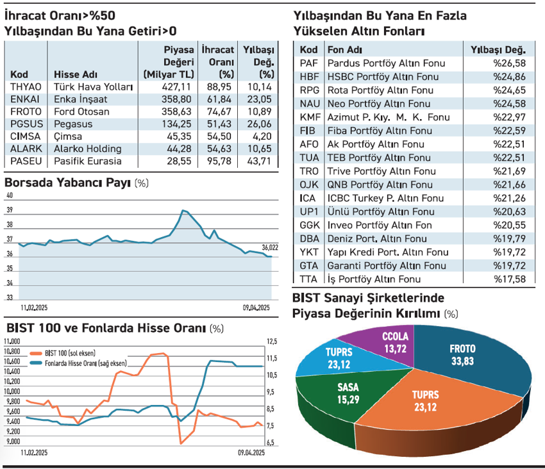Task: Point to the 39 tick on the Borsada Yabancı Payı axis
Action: point(10,210)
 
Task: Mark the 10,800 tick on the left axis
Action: point(13,351)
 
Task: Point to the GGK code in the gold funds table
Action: point(309,226)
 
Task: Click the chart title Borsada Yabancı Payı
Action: point(67,183)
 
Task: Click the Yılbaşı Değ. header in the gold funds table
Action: point(498,49)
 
